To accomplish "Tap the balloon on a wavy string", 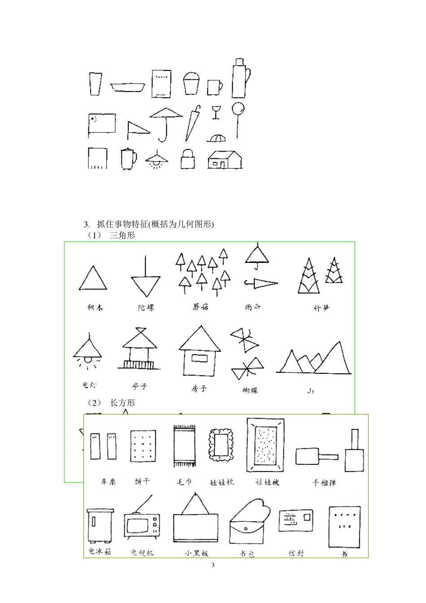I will [238, 109].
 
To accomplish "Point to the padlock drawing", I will [188, 159].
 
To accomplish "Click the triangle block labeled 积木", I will [93, 279].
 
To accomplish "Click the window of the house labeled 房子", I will [199, 358].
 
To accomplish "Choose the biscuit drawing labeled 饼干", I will [143, 446].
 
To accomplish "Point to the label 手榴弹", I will [324, 483].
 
